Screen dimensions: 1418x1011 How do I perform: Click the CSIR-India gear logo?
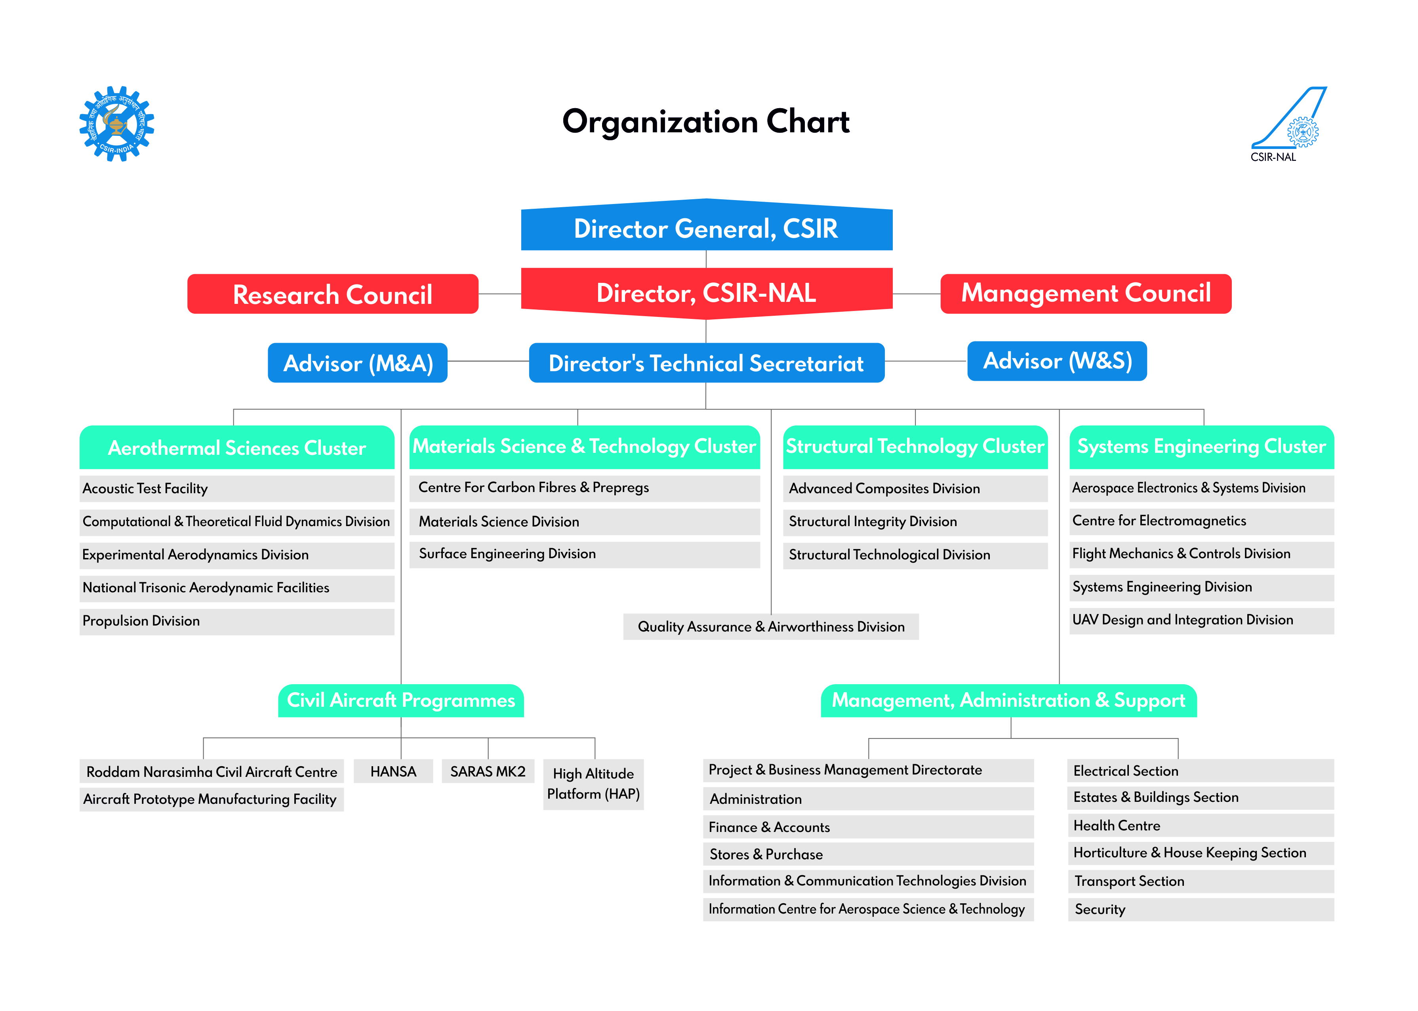pos(116,123)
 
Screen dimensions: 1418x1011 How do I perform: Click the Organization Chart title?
pos(706,121)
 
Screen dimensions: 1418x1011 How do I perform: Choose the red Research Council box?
pos(333,294)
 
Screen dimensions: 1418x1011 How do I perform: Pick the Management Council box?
pos(1086,293)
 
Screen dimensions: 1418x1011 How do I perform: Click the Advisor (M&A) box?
pos(358,362)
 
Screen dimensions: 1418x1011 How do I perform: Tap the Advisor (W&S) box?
pos(1057,361)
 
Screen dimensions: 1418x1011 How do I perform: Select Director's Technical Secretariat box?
pos(707,362)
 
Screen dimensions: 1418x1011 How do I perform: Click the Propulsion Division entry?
pos(237,621)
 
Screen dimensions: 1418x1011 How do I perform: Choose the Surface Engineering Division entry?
pos(585,554)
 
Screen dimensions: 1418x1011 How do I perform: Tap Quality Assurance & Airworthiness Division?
pos(771,626)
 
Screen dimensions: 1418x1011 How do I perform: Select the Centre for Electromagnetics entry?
pos(1201,521)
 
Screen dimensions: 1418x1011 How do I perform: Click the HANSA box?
pos(393,771)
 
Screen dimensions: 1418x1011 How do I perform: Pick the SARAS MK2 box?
pos(488,771)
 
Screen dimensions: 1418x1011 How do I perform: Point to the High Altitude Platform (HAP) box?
pos(593,784)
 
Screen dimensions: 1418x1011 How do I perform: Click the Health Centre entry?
pos(1201,826)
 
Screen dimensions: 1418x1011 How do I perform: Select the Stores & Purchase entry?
pos(868,854)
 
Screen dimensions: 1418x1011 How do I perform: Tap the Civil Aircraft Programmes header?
pos(401,700)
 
